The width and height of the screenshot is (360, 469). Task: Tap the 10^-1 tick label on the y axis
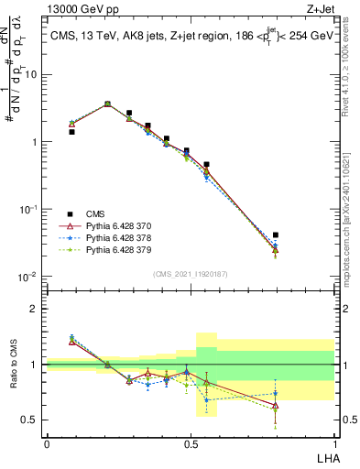point(30,209)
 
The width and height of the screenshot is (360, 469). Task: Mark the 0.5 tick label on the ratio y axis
point(32,420)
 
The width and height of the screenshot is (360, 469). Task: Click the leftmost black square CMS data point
point(71,132)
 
